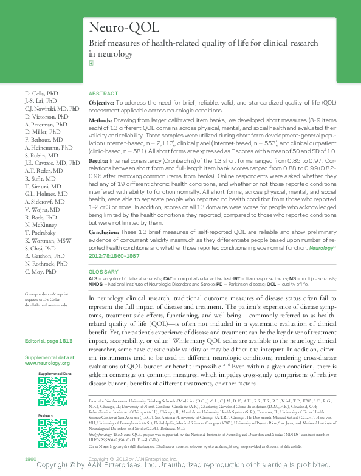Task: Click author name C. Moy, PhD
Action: tap(41, 271)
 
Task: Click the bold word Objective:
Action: tap(101, 104)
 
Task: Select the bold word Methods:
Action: tap(101, 122)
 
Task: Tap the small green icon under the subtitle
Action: tap(91, 62)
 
